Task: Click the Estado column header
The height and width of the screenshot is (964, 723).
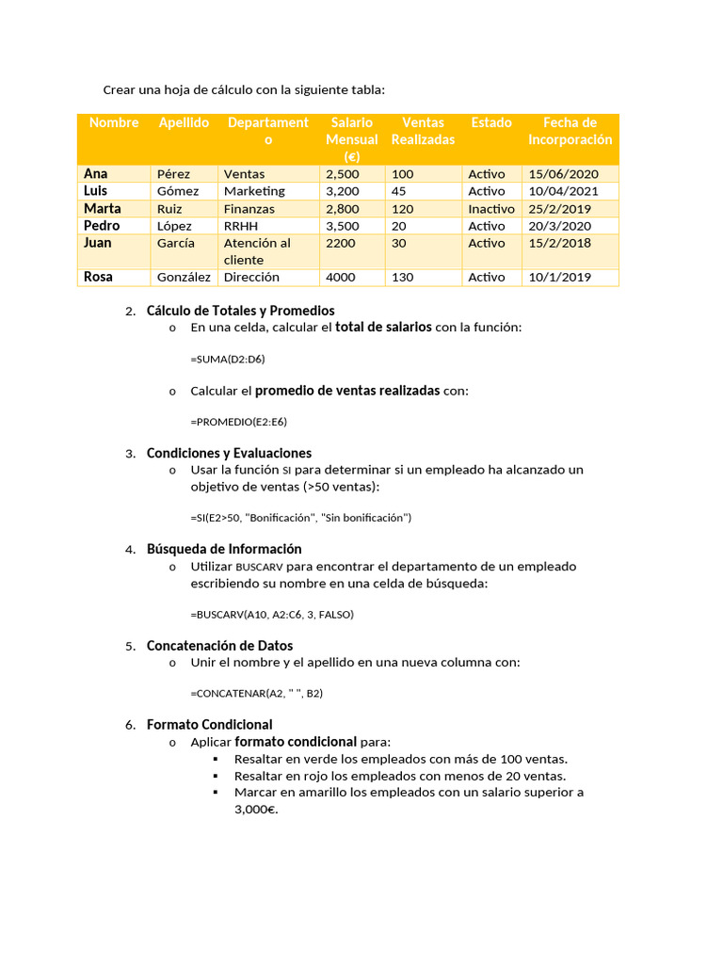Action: click(491, 122)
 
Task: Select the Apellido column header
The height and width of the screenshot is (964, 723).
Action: click(184, 122)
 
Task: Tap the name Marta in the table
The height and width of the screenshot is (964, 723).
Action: click(103, 208)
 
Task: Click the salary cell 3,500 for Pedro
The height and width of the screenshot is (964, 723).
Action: click(342, 226)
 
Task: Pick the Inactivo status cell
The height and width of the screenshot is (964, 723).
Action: click(491, 209)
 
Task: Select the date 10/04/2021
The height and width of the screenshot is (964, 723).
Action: click(564, 191)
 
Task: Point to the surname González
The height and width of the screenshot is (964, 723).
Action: click(184, 278)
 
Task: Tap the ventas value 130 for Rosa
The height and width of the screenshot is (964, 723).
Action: click(403, 278)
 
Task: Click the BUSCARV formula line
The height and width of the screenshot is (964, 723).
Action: click(272, 614)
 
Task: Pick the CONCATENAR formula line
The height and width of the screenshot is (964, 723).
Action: click(256, 694)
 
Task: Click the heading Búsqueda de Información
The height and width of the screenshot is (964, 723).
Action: click(224, 549)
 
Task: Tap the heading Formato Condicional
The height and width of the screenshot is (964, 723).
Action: click(210, 725)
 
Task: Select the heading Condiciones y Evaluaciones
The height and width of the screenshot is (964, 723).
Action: click(229, 453)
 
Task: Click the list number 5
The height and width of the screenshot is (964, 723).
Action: click(130, 647)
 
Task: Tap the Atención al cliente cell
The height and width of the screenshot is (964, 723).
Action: click(257, 251)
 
